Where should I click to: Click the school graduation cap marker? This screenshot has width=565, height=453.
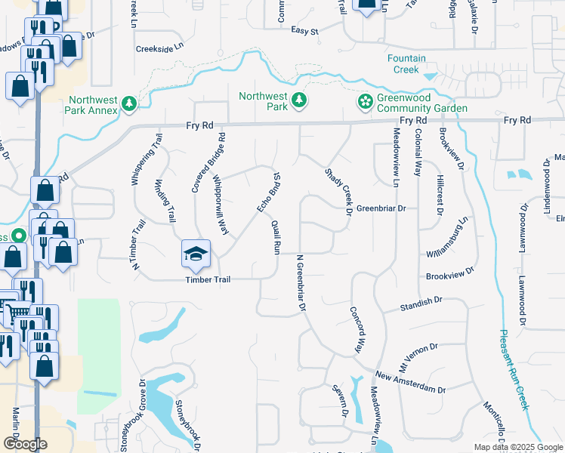click(196, 254)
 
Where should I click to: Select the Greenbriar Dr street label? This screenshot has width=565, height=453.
click(381, 208)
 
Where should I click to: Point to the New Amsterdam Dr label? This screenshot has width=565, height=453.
click(411, 383)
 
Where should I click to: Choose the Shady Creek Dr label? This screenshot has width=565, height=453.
click(338, 192)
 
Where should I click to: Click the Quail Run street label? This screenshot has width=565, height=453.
click(277, 236)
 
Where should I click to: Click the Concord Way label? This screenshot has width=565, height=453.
click(355, 329)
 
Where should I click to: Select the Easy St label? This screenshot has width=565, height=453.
click(305, 31)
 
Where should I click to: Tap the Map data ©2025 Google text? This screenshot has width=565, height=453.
click(517, 447)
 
